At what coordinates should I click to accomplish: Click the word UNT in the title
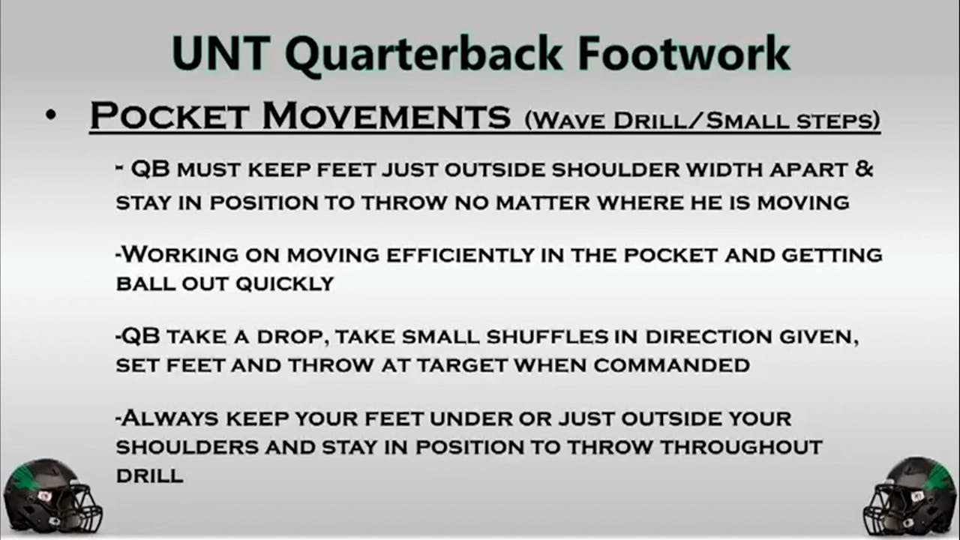pos(221,54)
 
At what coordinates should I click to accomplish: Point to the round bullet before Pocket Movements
pos(50,116)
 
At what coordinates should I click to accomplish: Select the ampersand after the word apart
pos(864,169)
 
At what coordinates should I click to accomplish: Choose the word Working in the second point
pos(178,255)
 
